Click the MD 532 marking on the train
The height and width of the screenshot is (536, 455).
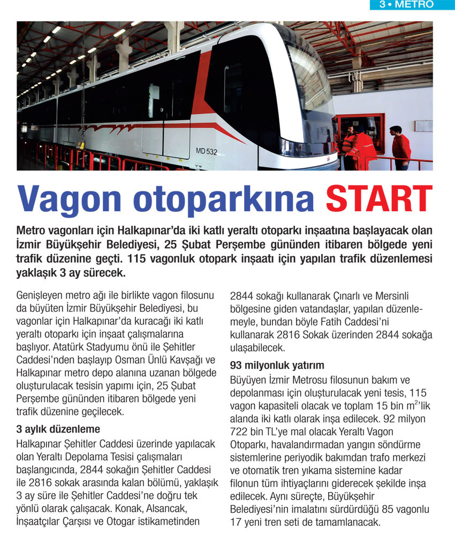pos(207,152)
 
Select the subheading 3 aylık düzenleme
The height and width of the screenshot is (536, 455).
pos(58,429)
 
